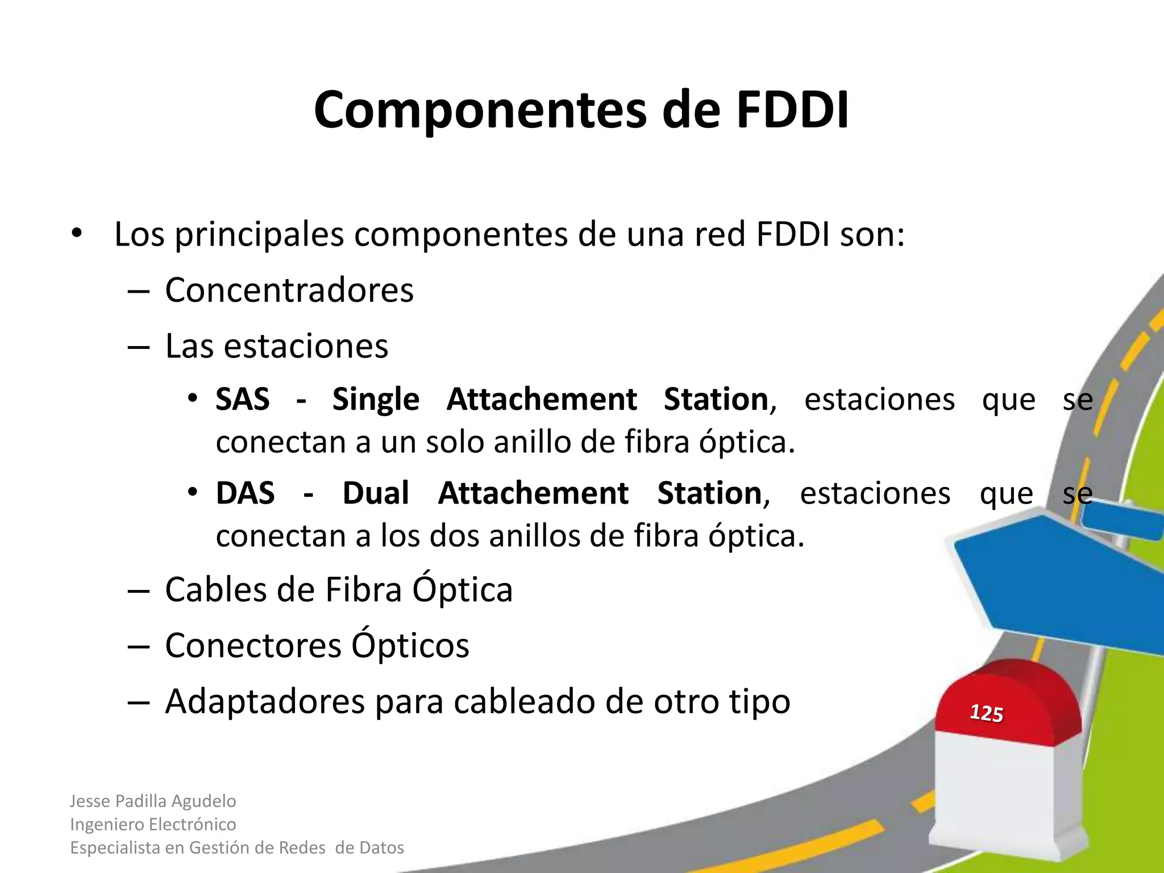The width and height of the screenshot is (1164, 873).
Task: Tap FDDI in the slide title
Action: click(792, 110)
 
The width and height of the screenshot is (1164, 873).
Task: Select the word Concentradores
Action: click(289, 290)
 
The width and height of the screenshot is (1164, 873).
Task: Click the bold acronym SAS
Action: click(243, 399)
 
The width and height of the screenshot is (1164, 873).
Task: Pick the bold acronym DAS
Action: click(245, 493)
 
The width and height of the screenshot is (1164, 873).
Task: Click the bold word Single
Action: click(376, 400)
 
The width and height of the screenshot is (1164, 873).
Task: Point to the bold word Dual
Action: click(376, 493)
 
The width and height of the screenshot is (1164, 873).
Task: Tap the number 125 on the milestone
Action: click(986, 713)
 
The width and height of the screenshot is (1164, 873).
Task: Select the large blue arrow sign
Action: click(1057, 580)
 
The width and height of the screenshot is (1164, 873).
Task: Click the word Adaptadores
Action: click(265, 702)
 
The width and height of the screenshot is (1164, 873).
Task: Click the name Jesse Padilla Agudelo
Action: click(152, 801)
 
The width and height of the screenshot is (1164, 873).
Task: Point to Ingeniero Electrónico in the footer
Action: click(152, 824)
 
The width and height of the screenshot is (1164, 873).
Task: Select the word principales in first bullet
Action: click(259, 235)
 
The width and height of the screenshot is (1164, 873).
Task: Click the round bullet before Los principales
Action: click(77, 234)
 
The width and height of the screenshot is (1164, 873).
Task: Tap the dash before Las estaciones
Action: click(138, 347)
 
